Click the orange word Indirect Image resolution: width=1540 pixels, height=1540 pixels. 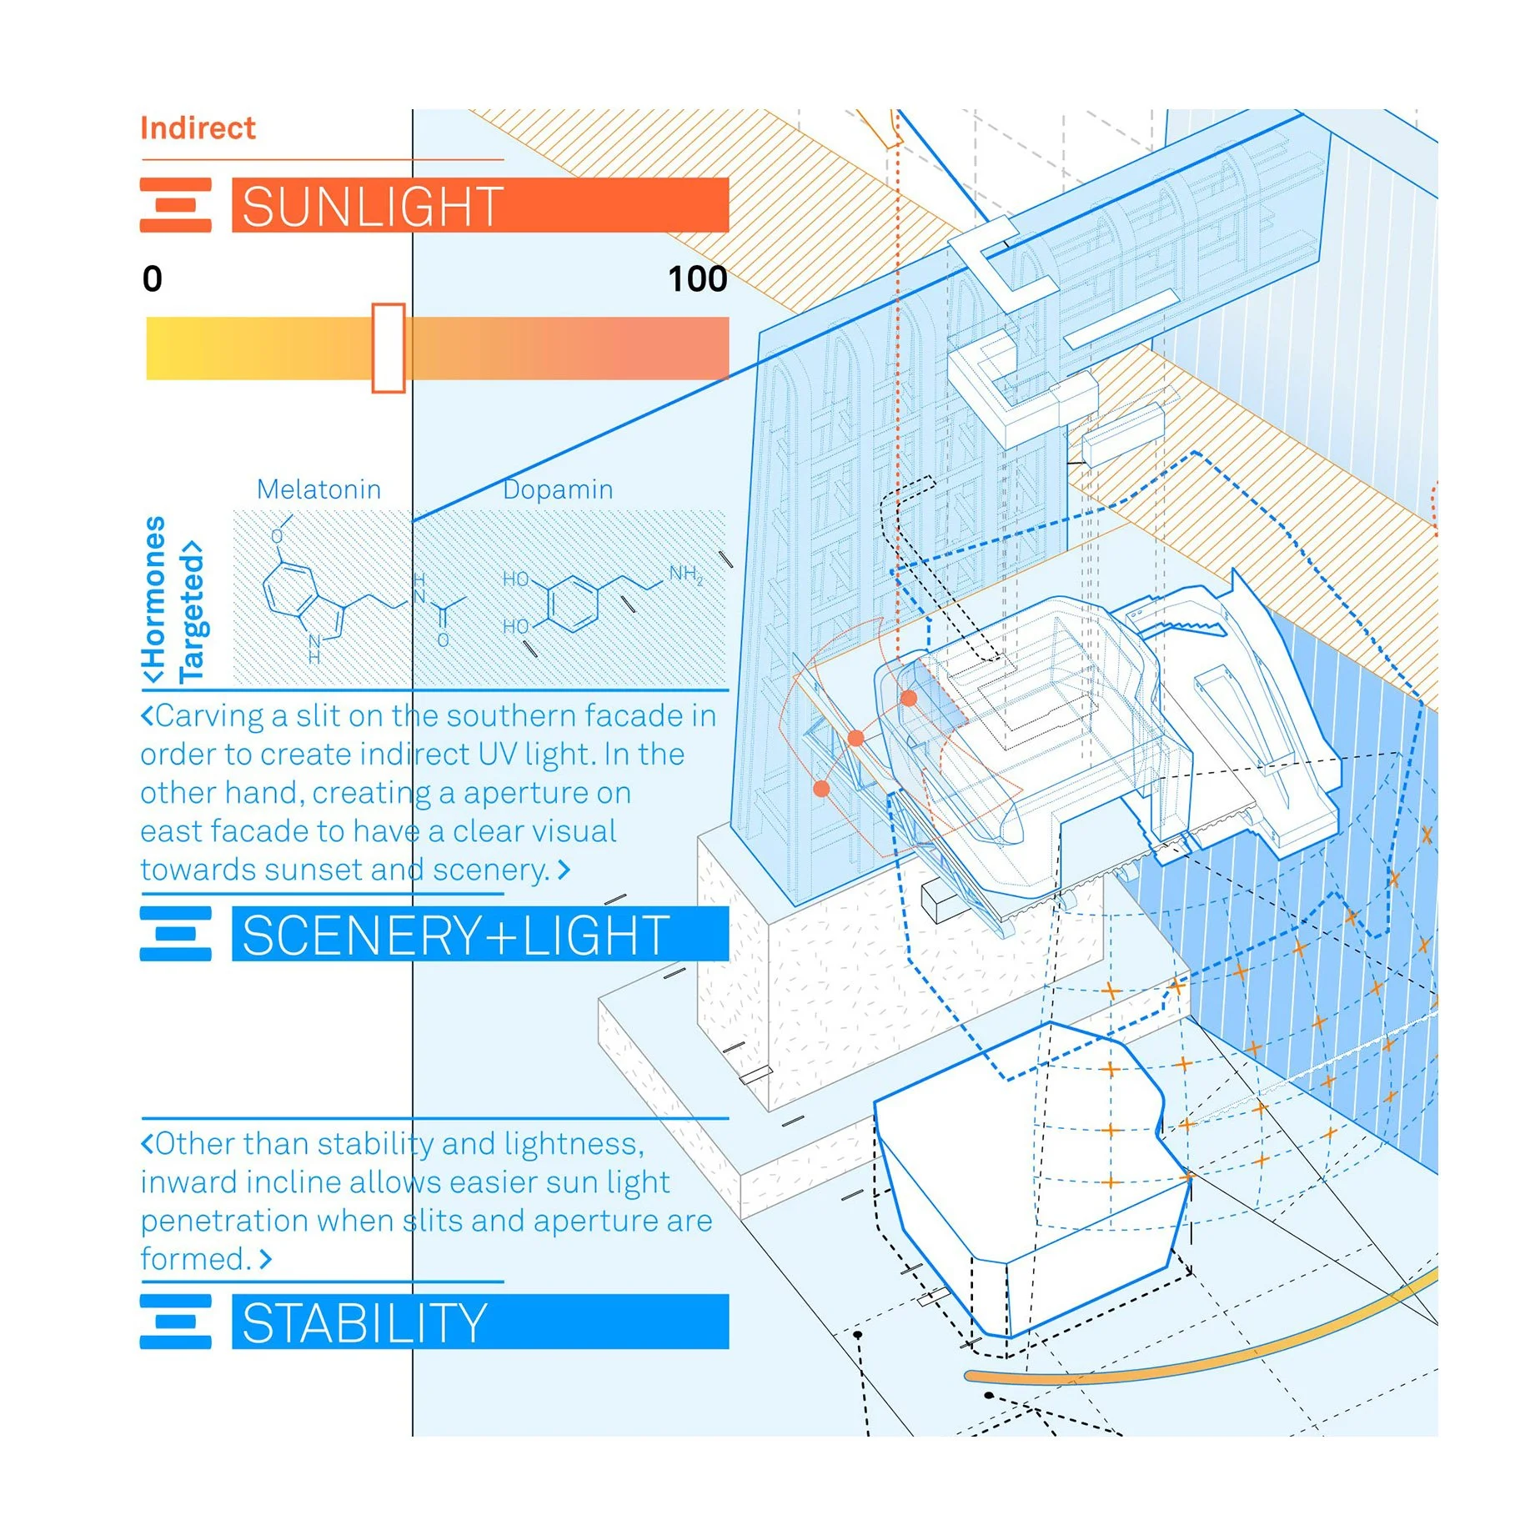[198, 128]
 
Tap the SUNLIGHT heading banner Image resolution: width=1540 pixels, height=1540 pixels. [479, 205]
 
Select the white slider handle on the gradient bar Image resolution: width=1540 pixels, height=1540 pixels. [389, 348]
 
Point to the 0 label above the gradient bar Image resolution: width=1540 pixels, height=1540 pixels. [153, 278]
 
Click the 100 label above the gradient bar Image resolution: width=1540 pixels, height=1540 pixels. [697, 278]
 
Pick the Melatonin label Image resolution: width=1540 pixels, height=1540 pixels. [319, 489]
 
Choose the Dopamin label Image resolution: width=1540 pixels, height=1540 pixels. [558, 489]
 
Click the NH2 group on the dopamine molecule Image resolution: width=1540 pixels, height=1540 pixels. [685, 574]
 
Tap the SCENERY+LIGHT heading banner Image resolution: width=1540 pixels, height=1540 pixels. [479, 934]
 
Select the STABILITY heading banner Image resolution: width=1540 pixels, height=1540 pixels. [479, 1322]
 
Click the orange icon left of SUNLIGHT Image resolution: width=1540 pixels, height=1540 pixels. [175, 205]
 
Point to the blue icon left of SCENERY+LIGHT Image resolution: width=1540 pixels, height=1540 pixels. [175, 934]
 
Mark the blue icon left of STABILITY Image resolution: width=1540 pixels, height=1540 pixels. [175, 1322]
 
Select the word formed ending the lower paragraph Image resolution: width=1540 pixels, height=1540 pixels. [195, 1259]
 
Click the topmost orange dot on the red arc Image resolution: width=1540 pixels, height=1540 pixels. [909, 698]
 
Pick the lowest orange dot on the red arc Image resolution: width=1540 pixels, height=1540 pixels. [821, 788]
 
